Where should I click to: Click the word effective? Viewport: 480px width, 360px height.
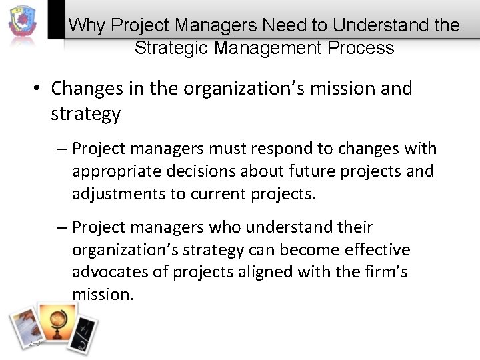pyautogui.click(x=377, y=250)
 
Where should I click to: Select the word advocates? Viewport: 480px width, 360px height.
pyautogui.click(x=109, y=273)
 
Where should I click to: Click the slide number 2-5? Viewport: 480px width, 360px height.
pyautogui.click(x=35, y=343)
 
